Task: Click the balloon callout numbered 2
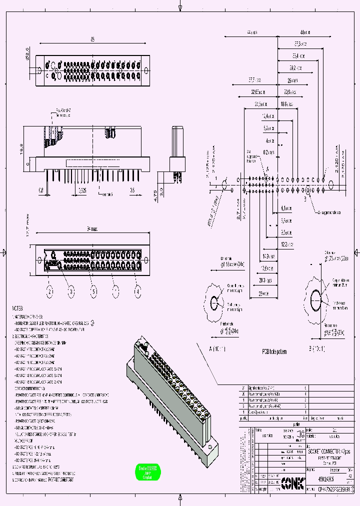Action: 50,290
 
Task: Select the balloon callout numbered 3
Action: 71,290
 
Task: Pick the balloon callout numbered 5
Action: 93,290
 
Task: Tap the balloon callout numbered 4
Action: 137,290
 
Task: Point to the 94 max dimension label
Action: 91,228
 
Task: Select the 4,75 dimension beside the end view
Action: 156,193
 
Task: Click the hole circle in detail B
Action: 316,301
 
